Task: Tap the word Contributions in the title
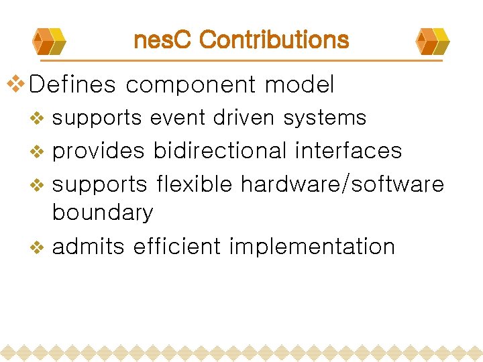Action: click(274, 40)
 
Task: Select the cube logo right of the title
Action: click(433, 41)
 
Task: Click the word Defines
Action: click(73, 85)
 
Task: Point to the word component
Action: click(191, 86)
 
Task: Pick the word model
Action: click(299, 85)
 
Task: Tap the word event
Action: click(178, 118)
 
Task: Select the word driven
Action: click(244, 118)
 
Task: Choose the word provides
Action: click(98, 151)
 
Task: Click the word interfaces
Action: click(348, 151)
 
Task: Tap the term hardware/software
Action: click(342, 184)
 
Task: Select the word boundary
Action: click(103, 213)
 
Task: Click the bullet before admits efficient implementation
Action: click(38, 247)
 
